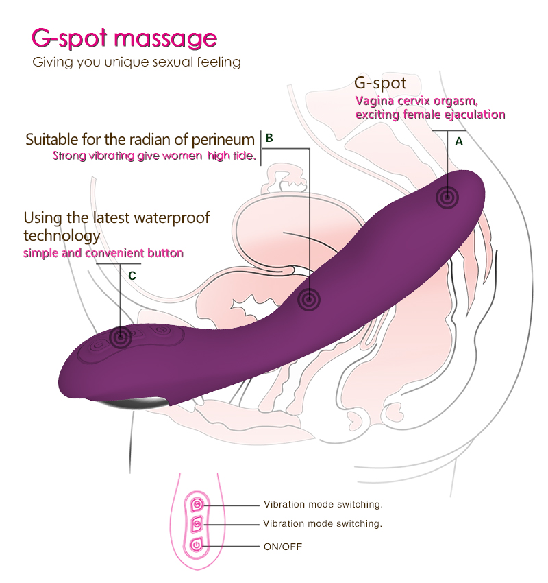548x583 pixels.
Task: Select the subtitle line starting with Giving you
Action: pyautogui.click(x=137, y=62)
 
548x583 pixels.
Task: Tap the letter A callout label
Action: pyautogui.click(x=458, y=141)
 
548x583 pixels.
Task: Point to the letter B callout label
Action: pyautogui.click(x=269, y=138)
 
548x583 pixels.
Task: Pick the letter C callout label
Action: pyautogui.click(x=132, y=275)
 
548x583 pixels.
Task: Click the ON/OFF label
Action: pyautogui.click(x=282, y=547)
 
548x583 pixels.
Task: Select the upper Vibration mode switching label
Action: pyautogui.click(x=323, y=504)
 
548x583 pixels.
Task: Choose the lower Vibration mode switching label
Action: pyautogui.click(x=323, y=523)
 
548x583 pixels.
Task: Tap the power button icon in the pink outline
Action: pyautogui.click(x=197, y=546)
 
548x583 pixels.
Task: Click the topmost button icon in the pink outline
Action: pyautogui.click(x=197, y=504)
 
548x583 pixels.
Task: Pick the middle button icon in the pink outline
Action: pyautogui.click(x=197, y=525)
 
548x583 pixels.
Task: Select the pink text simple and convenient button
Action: pyautogui.click(x=103, y=253)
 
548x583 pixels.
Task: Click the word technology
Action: pyautogui.click(x=62, y=236)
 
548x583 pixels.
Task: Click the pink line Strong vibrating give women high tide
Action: pyautogui.click(x=154, y=156)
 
